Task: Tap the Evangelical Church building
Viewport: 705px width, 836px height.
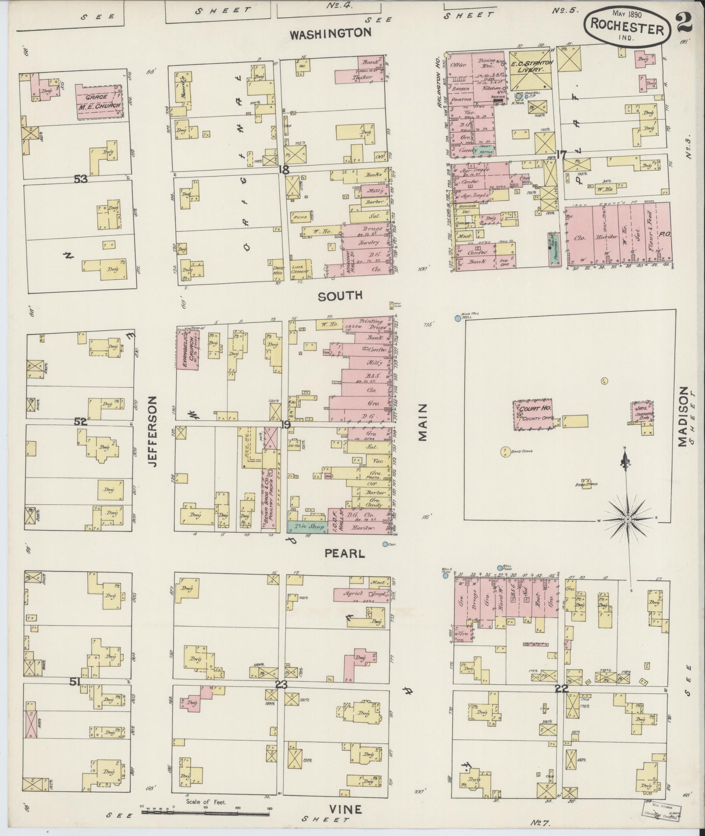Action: pos(188,350)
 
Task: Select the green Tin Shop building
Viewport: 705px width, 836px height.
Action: pos(307,527)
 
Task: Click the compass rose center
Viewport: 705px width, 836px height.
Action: pos(628,519)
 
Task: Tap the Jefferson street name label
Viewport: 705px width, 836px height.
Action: pos(151,431)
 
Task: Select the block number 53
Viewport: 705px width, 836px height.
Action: pos(80,179)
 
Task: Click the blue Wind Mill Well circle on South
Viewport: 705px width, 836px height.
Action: pos(458,319)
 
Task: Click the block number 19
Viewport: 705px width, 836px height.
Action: pos(286,424)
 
